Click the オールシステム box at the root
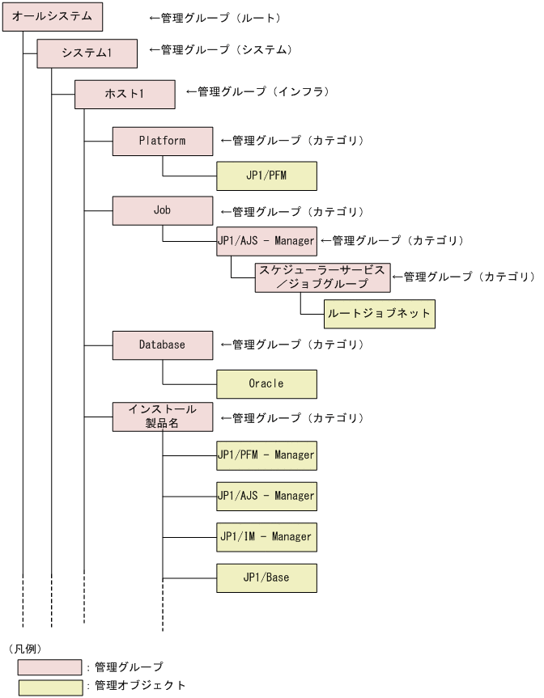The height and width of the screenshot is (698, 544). (52, 17)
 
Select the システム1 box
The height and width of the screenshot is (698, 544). (87, 53)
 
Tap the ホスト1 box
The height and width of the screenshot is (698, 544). (125, 94)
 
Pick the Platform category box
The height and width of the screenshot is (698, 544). (162, 141)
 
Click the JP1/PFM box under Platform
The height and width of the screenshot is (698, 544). (266, 176)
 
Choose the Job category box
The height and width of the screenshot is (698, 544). (162, 210)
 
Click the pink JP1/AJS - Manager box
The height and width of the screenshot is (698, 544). (266, 241)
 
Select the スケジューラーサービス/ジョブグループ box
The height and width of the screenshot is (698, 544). (322, 277)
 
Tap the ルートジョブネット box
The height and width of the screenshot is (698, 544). (379, 313)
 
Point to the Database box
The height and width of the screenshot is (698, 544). (162, 345)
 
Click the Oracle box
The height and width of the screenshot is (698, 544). (266, 383)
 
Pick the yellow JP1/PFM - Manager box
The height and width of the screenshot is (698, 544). (266, 455)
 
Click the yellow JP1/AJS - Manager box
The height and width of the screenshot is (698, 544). (266, 496)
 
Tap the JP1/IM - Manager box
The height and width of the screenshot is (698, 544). (266, 537)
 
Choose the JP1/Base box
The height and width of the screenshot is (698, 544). (266, 578)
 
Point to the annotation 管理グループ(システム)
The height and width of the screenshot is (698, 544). (219, 50)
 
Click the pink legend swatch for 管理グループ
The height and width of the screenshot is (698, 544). (50, 667)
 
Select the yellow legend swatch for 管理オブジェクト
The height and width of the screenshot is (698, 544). (50, 687)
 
